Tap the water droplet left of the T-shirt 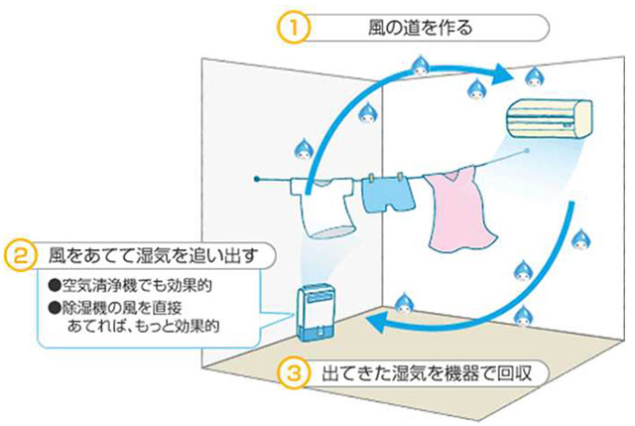coord(301,147)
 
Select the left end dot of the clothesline coord(257,180)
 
